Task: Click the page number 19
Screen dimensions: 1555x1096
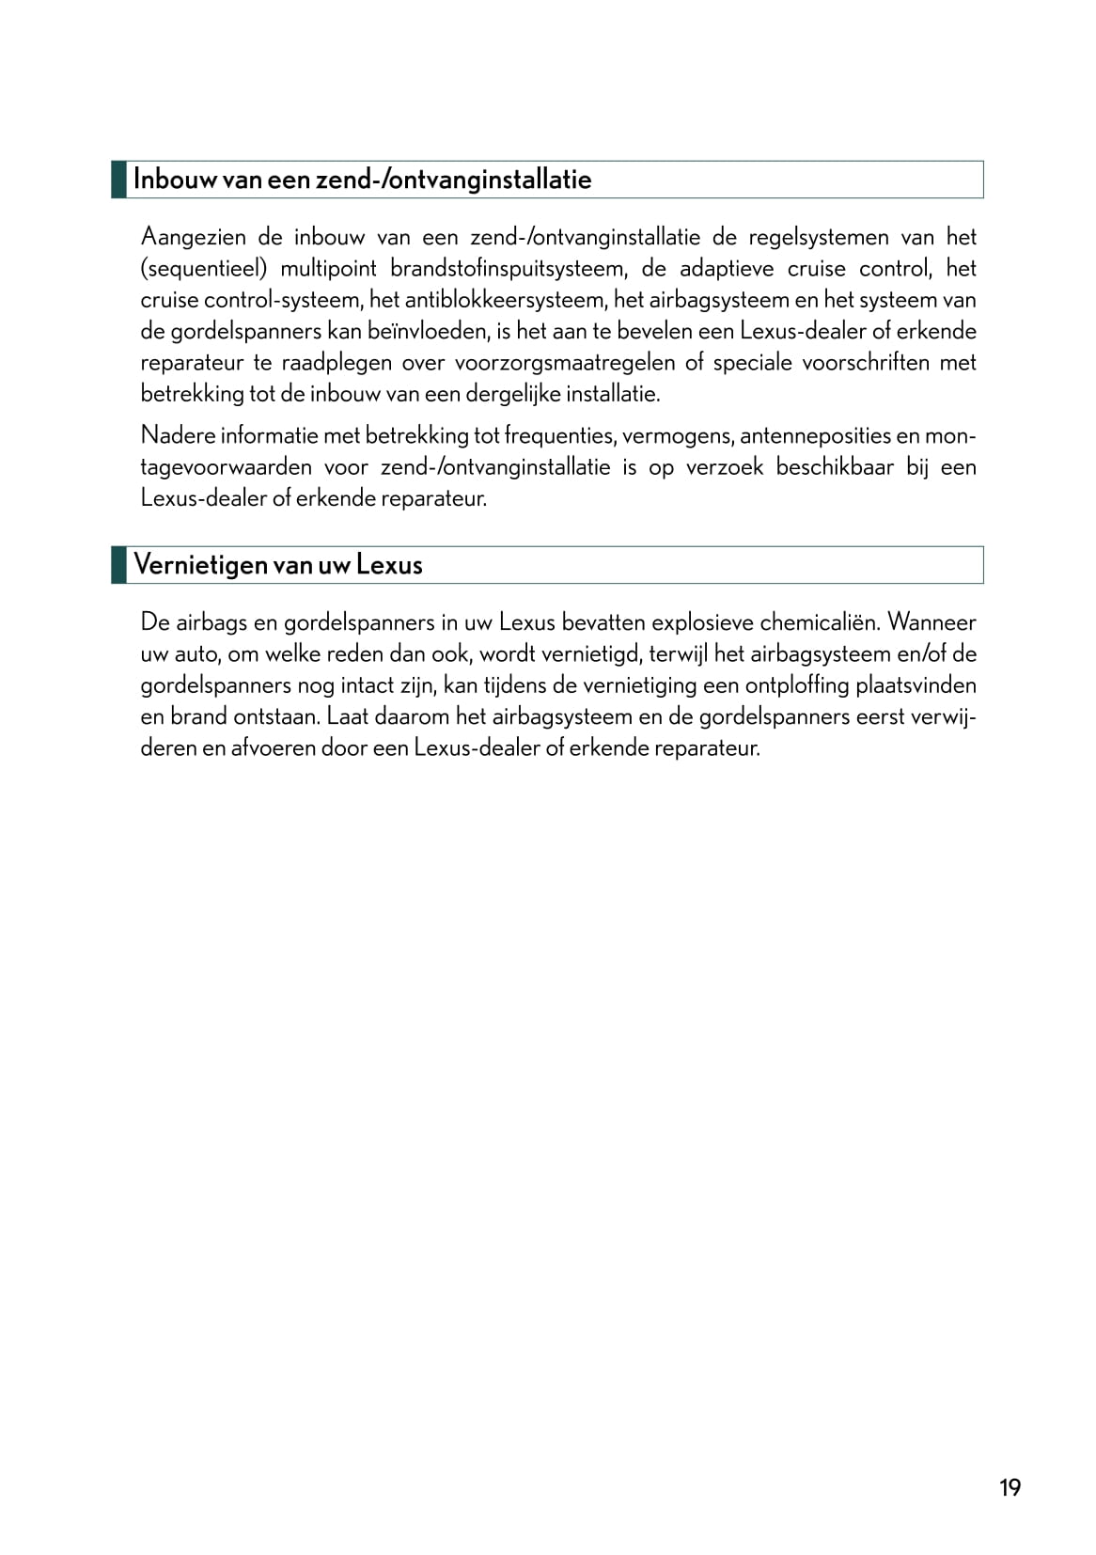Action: click(1010, 1487)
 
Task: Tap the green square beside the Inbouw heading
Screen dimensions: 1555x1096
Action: click(118, 179)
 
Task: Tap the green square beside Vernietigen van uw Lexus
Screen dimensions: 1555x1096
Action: click(118, 565)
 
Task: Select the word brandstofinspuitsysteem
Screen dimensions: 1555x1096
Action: click(508, 269)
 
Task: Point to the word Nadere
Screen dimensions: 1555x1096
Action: click(177, 435)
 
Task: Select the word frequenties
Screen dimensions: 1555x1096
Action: click(556, 435)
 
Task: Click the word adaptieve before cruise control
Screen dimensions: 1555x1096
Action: click(727, 269)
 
